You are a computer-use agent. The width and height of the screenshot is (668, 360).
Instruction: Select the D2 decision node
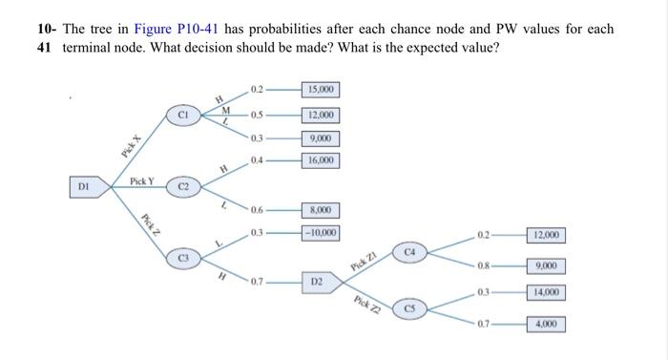point(318,283)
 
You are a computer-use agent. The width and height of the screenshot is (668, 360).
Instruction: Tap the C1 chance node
point(183,116)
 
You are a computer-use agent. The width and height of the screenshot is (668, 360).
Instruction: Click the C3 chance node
point(183,257)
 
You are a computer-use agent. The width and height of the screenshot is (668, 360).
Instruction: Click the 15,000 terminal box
point(320,91)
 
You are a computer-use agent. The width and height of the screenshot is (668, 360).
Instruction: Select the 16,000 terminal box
point(320,160)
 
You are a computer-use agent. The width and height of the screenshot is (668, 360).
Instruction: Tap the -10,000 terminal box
point(320,233)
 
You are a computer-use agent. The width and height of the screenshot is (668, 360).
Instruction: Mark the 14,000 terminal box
point(547,292)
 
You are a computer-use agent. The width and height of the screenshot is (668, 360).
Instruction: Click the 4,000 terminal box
point(547,324)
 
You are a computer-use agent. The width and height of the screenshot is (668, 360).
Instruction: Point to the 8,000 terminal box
point(320,210)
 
